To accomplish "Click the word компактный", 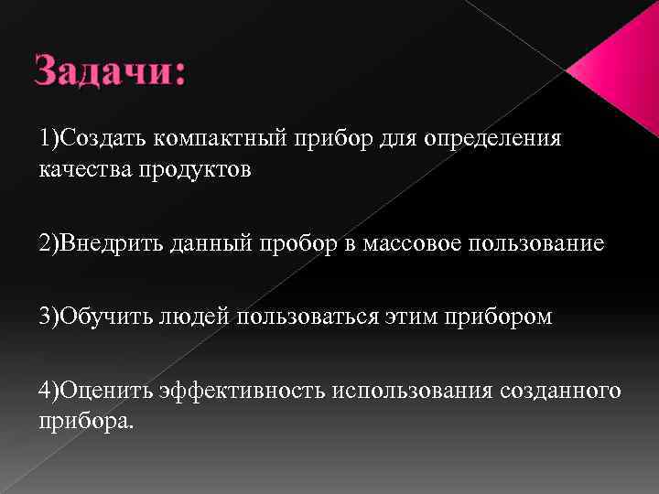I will point(220,138).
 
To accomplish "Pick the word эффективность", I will point(242,391).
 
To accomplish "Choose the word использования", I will point(413,391).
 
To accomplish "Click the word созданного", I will point(561,391).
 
